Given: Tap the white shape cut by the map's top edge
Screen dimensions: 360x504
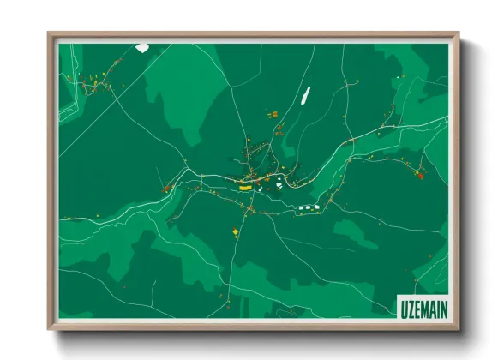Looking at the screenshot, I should pyautogui.click(x=141, y=46).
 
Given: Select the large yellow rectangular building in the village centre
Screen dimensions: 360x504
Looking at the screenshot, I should pyautogui.click(x=245, y=185).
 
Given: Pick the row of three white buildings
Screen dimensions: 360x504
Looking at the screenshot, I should pyautogui.click(x=308, y=207).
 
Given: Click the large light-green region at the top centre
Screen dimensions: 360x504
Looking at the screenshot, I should pyautogui.click(x=184, y=81).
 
